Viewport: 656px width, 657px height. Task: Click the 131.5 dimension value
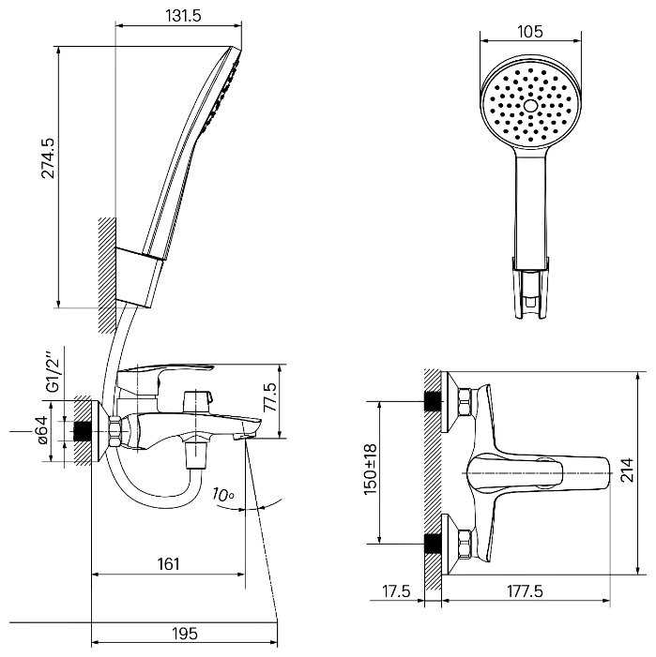183,16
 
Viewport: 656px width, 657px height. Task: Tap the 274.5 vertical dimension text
48,158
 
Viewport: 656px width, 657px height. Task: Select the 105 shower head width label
530,32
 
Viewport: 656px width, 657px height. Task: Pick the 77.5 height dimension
270,396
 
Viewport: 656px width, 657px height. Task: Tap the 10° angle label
222,495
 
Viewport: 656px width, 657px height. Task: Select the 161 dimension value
168,564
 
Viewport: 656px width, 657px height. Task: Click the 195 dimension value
185,634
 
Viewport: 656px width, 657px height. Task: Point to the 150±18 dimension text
371,470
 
